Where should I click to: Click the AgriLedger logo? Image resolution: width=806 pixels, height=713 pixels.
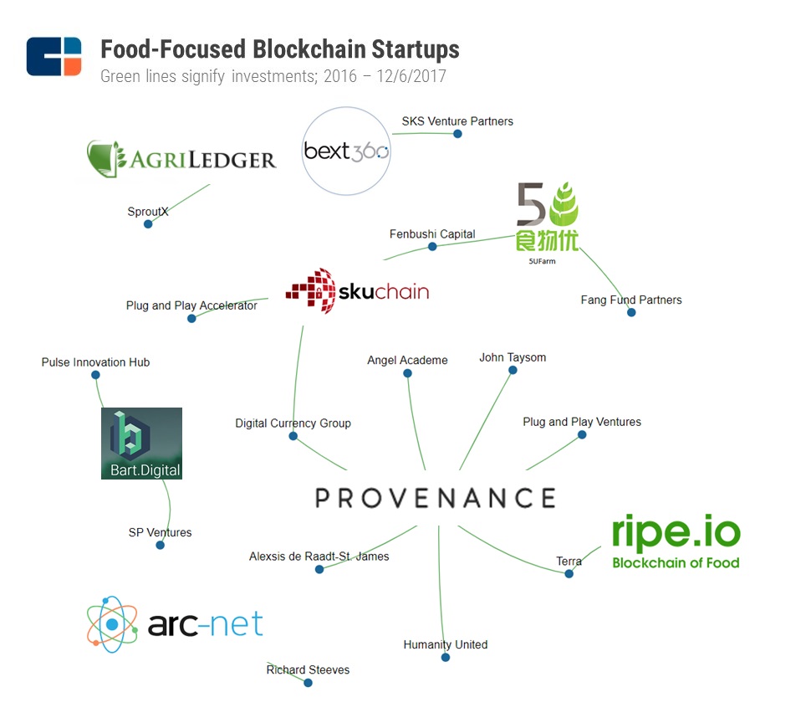181,158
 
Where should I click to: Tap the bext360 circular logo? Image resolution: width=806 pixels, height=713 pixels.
346,151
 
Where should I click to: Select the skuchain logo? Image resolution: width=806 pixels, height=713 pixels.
357,290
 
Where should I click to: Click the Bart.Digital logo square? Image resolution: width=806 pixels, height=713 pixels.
141,444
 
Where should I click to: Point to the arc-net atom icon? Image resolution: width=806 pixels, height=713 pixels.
112,624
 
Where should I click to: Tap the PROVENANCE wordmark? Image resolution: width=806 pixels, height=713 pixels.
436,498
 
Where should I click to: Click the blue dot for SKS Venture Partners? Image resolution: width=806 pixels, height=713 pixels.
457,134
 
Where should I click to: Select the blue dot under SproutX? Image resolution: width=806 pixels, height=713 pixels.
148,223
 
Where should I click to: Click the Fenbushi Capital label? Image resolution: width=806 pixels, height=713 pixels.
432,234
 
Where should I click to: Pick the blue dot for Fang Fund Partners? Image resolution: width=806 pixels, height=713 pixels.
631,312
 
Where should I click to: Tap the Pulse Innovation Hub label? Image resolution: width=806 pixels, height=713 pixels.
95,362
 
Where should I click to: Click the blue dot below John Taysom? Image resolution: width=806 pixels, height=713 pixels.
513,370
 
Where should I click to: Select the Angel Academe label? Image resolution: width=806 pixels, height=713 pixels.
407,360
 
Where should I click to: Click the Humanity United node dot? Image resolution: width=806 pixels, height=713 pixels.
446,658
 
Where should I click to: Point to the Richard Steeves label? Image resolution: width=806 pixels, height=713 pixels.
308,669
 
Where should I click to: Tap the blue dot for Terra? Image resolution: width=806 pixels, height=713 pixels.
569,573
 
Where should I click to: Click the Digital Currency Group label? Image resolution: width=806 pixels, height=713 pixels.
293,423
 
